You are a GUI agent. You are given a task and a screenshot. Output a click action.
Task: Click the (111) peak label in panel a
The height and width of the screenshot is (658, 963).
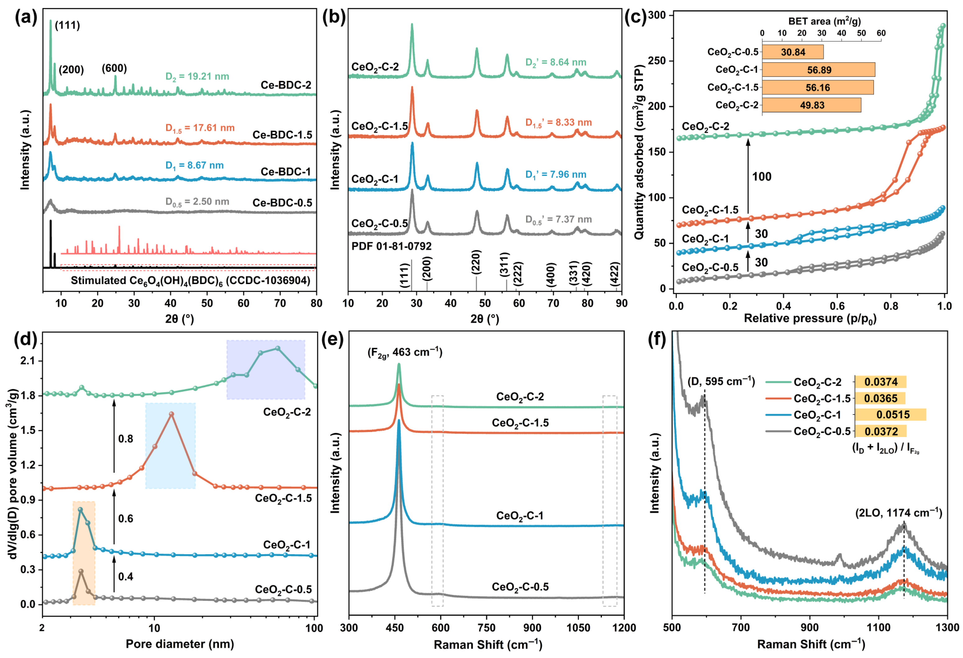(x=67, y=26)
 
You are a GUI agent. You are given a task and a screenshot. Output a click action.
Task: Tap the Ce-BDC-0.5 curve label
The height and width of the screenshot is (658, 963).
(x=282, y=203)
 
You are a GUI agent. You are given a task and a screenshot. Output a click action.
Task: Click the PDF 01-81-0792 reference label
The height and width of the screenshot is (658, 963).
(x=392, y=246)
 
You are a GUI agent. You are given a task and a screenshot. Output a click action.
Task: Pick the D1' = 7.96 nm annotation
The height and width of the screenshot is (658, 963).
(x=556, y=174)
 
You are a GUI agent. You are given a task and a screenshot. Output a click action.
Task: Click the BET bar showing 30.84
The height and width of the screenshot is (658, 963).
(x=793, y=52)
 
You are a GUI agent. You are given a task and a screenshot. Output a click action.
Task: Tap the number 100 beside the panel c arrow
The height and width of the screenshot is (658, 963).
(x=762, y=177)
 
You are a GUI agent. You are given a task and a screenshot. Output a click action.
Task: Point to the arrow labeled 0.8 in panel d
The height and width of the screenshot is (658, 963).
(x=114, y=439)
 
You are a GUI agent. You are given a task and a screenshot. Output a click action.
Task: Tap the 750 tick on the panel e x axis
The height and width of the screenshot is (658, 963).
(x=487, y=628)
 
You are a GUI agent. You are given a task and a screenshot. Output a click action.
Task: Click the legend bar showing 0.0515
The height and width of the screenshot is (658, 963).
(x=890, y=415)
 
